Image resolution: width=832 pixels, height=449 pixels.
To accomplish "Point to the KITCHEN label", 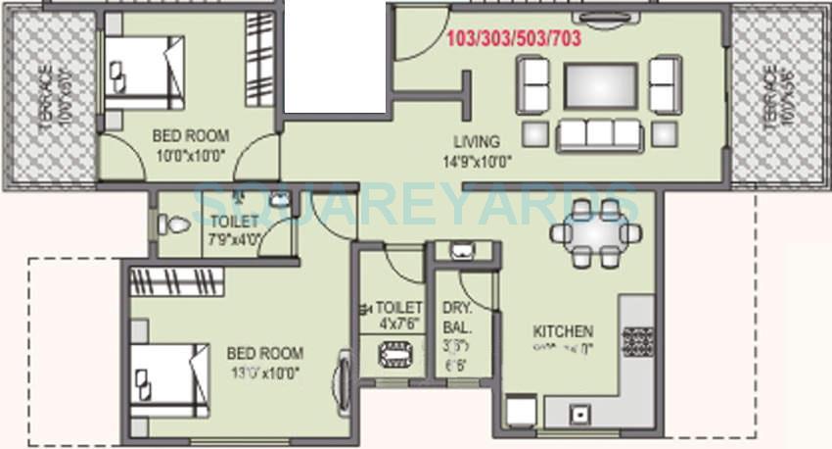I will coord(562,331).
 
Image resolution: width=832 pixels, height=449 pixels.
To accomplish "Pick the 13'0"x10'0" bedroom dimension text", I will coord(264,372).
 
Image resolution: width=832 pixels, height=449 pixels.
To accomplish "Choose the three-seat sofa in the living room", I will coord(598,134).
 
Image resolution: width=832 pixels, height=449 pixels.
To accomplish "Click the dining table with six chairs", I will coord(597,233).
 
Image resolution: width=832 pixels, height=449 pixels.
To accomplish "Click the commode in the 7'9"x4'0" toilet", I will coord(174,224).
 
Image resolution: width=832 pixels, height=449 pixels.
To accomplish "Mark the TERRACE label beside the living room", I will coord(769,98).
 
